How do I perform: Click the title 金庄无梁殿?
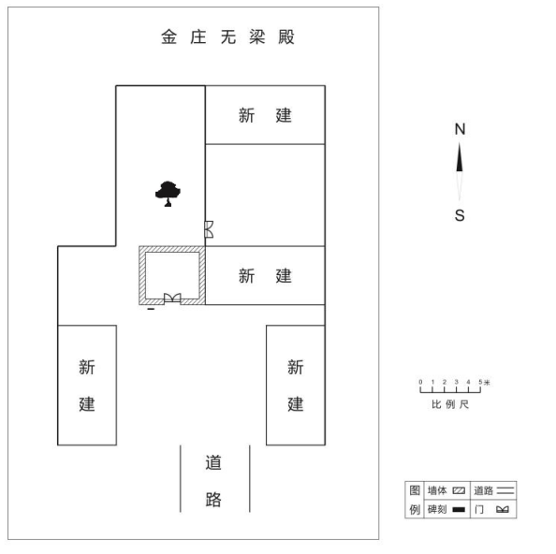pos(227,36)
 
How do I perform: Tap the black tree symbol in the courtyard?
pos(168,194)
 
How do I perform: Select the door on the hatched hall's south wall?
pos(172,299)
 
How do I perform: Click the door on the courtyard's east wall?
pos(209,229)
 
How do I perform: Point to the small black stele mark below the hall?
pos(151,309)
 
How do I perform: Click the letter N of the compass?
pos(460,129)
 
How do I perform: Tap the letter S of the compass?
pos(460,215)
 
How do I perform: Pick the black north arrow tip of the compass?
pos(460,143)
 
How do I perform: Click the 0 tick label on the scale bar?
pos(420,382)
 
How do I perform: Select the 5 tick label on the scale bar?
pos(480,382)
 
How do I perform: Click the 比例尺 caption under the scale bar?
pos(450,404)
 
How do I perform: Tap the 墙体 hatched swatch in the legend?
pos(459,491)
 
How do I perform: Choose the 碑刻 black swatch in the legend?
pos(459,510)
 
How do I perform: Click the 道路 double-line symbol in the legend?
pos(505,490)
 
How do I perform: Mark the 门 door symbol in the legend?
pos(503,510)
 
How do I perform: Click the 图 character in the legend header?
pos(415,490)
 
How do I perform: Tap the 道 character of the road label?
pos(213,462)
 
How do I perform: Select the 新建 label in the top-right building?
pos(265,115)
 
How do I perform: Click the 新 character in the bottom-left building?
pos(87,367)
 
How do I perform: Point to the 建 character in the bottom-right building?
pos(296,404)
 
